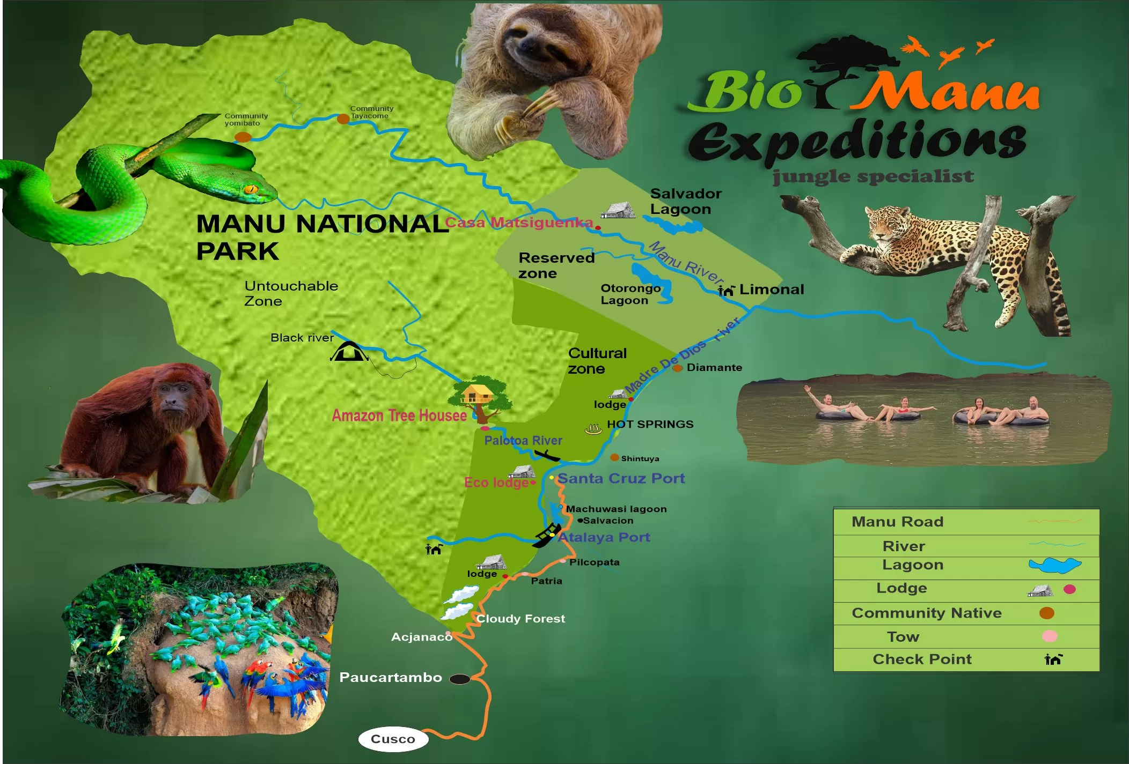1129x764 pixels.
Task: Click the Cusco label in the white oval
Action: click(393, 739)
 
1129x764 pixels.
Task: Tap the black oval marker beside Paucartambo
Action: click(459, 679)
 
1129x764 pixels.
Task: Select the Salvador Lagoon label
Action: click(685, 201)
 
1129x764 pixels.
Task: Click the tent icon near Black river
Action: click(349, 352)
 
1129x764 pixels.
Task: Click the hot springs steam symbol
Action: click(593, 429)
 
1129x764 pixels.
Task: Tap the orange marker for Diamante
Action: click(678, 368)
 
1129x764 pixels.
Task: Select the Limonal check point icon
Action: click(726, 290)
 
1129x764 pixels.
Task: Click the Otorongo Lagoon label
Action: click(629, 294)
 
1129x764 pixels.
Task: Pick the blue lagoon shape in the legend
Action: click(1054, 565)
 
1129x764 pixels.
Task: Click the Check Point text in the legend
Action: click(921, 659)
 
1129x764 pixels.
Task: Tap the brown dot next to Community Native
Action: click(1046, 613)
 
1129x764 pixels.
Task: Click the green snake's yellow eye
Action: click(251, 189)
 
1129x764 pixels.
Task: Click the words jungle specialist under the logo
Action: click(873, 176)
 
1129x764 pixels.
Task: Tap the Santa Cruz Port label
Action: click(621, 478)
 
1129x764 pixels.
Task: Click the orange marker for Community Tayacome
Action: click(343, 119)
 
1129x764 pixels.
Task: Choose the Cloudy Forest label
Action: click(520, 619)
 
